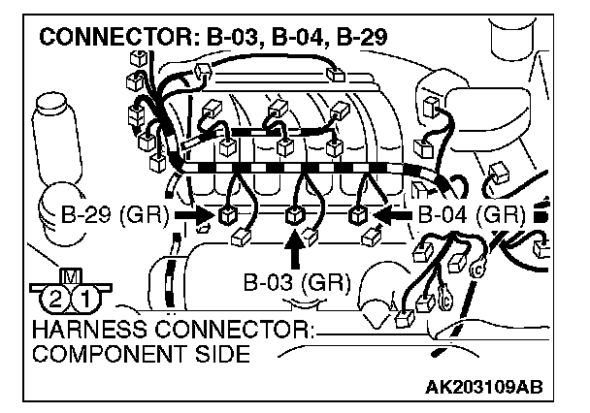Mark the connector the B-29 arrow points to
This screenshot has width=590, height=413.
coord(229,215)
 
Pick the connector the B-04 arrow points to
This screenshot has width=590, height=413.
coord(359,214)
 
